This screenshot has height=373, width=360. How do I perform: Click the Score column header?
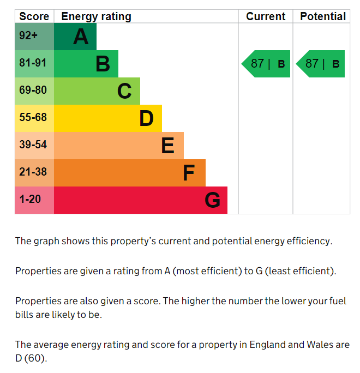[34, 16]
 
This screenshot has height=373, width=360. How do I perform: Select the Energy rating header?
[96, 17]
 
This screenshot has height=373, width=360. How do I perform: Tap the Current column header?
[266, 16]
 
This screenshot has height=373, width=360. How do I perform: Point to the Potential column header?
[323, 16]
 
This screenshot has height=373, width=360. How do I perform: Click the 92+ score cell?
[28, 35]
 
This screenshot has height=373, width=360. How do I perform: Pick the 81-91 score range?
[33, 63]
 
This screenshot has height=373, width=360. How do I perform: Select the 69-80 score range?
[33, 90]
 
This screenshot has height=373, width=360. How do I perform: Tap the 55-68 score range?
[33, 117]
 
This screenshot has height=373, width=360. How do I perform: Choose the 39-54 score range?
[33, 145]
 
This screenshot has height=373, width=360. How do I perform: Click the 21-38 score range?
[33, 172]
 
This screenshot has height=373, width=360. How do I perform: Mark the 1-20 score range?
[30, 199]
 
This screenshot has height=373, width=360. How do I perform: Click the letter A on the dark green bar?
[81, 37]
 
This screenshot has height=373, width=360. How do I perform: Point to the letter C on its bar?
[124, 91]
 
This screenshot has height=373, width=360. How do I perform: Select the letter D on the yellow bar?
[146, 118]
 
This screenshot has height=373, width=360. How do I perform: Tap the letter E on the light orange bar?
[168, 146]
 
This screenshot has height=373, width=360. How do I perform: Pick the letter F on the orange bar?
[189, 173]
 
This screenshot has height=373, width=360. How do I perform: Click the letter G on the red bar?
[212, 200]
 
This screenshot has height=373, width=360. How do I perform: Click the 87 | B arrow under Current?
[266, 64]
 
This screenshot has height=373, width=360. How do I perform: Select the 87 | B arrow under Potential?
[320, 64]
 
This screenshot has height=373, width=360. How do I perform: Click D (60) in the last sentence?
[31, 358]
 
